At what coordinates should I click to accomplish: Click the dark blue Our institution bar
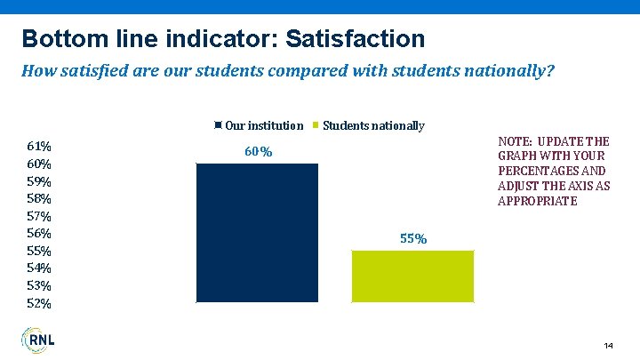(x=257, y=233)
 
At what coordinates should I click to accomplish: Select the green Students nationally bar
(x=413, y=276)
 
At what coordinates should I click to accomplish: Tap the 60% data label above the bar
(x=258, y=152)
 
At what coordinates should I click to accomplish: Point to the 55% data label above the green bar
(x=414, y=239)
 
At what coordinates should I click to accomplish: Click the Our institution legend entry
(x=259, y=126)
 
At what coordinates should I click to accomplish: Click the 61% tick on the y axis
(x=39, y=146)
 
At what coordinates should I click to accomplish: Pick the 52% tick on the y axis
(x=39, y=303)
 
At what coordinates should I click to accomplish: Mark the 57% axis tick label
(x=39, y=216)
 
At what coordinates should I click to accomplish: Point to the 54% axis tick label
(x=39, y=268)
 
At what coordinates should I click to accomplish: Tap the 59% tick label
(x=39, y=181)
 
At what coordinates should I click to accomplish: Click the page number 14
(x=608, y=345)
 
